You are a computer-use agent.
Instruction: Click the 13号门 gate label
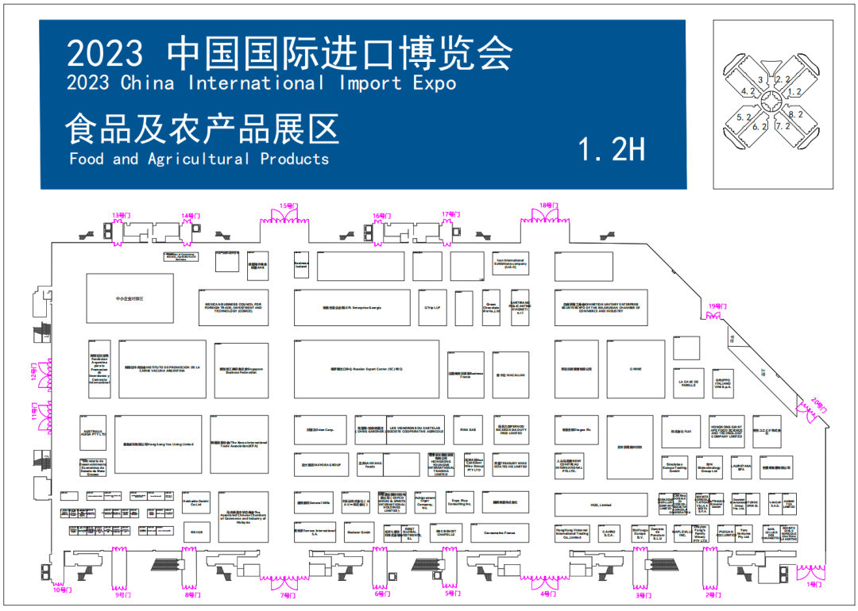(x=121, y=215)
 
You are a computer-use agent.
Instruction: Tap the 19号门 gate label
(x=717, y=306)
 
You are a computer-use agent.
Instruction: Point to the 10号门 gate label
(x=62, y=590)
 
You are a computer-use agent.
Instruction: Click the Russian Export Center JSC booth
(x=366, y=369)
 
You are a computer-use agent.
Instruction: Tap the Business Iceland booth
(x=301, y=266)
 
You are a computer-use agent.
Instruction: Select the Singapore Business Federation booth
(x=242, y=370)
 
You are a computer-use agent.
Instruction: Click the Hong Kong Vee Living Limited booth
(x=159, y=444)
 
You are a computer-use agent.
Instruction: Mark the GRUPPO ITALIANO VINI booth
(x=721, y=381)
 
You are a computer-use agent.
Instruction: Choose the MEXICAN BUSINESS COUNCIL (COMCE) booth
(x=234, y=308)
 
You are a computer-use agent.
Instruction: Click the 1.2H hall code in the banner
(x=611, y=148)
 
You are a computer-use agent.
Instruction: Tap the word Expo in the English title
(x=434, y=83)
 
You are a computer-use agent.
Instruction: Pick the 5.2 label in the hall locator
(x=744, y=117)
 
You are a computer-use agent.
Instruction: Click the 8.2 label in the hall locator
(x=795, y=114)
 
